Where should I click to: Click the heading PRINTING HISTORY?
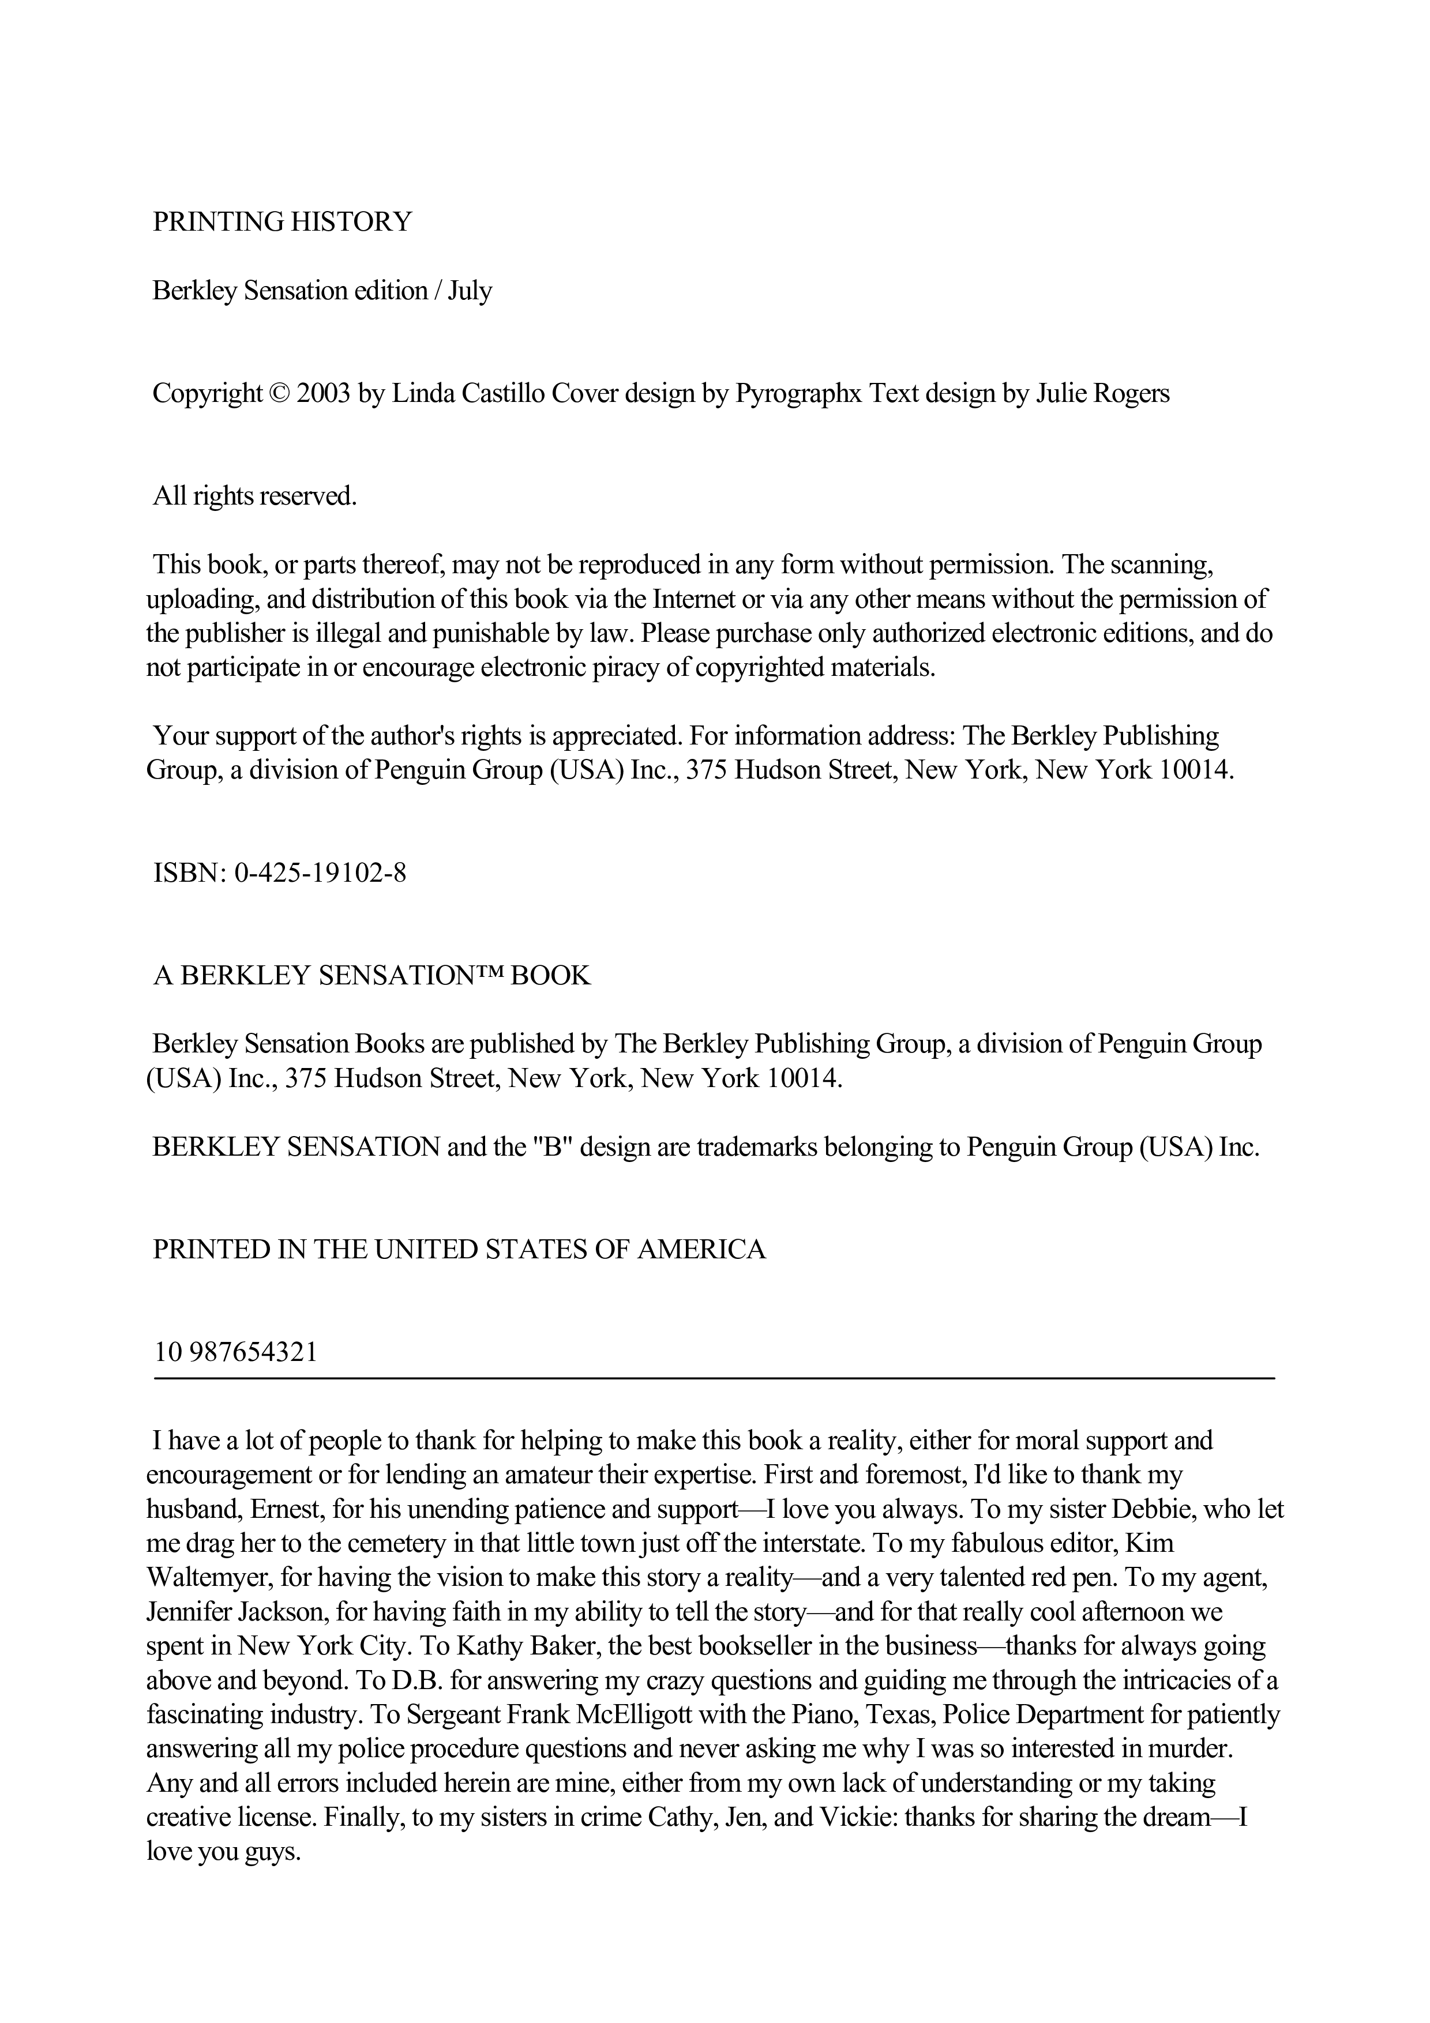click(x=282, y=222)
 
